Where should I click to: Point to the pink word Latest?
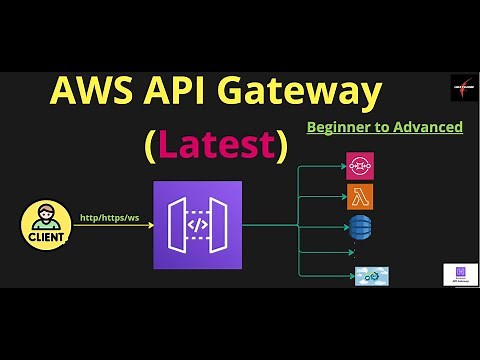(x=216, y=146)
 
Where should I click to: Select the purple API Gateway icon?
(x=198, y=225)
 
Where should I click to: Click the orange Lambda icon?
(x=359, y=195)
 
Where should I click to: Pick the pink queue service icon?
(x=359, y=165)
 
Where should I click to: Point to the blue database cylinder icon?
(x=359, y=227)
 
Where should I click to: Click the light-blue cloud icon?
(x=371, y=275)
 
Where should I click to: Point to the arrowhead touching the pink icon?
(x=343, y=166)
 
